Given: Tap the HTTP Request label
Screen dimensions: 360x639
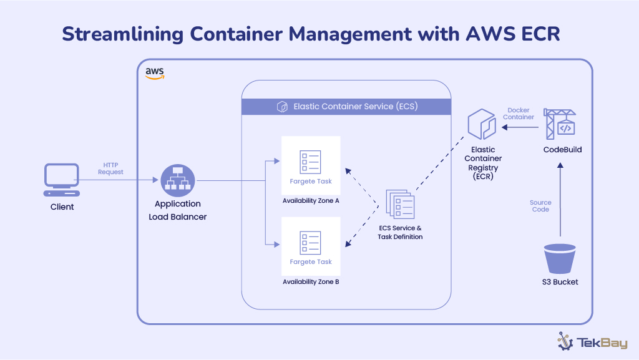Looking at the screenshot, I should [x=110, y=168].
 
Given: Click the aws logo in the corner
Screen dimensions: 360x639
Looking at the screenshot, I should [x=155, y=74].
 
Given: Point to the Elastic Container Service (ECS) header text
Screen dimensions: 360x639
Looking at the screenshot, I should [x=355, y=107].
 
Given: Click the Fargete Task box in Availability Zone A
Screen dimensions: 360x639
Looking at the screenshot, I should [x=311, y=165].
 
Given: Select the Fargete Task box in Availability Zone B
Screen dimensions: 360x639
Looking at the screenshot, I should [x=311, y=246].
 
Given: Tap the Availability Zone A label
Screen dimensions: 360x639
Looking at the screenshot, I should [x=311, y=201].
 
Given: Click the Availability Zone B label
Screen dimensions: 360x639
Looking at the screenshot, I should [x=311, y=282].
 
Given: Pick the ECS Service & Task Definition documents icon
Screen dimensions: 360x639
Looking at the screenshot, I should [x=400, y=204].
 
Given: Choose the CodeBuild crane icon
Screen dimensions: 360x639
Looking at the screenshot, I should [x=560, y=124].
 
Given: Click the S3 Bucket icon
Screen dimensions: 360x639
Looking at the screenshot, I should [x=560, y=258].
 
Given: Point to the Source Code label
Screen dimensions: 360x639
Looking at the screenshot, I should [x=540, y=206].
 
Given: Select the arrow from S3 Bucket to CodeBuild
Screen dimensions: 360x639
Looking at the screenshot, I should [x=560, y=200].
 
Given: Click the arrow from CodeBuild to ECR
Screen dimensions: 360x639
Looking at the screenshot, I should [x=521, y=128].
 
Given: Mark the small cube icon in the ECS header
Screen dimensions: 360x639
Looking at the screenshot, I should [x=282, y=107].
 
